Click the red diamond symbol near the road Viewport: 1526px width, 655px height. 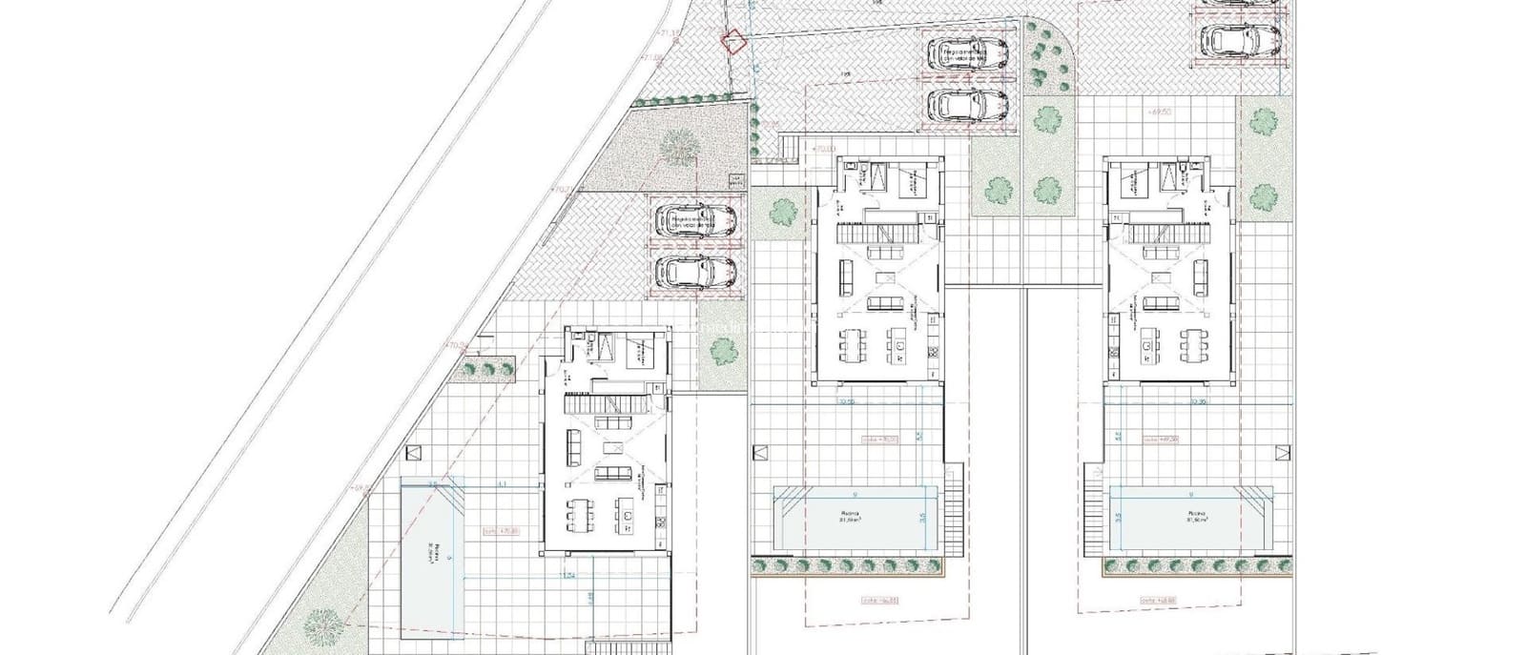point(732,42)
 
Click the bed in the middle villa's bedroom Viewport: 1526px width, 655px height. point(905,178)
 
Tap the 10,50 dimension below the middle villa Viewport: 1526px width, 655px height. point(844,402)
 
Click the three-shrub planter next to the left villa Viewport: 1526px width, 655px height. point(485,367)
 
